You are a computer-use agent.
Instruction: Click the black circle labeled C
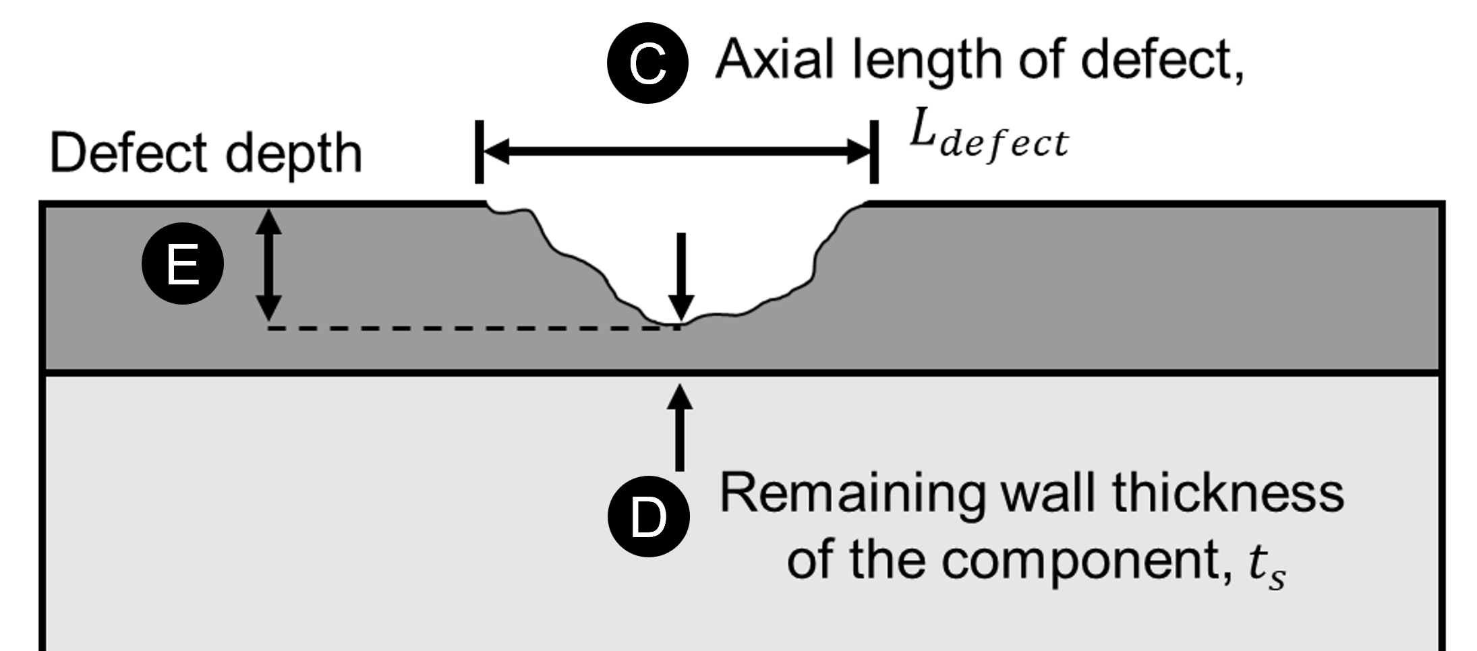click(647, 63)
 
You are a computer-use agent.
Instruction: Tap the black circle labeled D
click(649, 516)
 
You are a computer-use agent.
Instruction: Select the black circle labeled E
click(182, 264)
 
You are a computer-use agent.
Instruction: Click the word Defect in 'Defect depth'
click(128, 153)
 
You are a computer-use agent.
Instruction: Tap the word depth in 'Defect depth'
click(294, 155)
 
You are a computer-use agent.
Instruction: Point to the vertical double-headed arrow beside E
click(269, 265)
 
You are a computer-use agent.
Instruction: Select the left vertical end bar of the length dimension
click(479, 152)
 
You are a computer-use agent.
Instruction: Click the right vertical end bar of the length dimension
click(874, 152)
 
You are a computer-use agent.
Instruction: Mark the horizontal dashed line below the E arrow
click(465, 328)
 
